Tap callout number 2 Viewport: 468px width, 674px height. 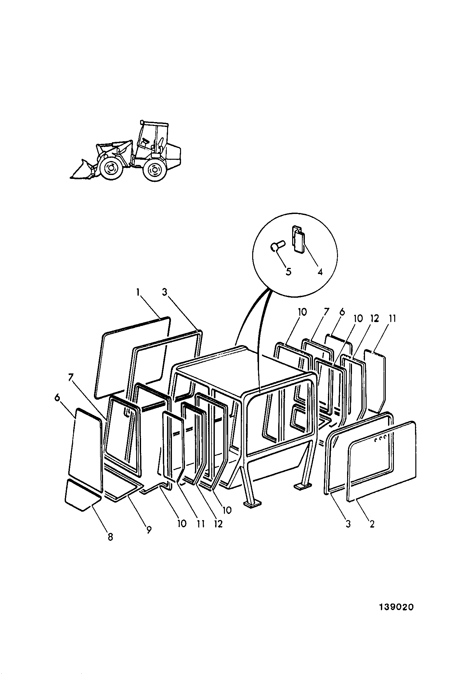tap(372, 524)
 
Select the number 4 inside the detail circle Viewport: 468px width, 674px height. tap(320, 271)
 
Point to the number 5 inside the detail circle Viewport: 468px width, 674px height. tap(288, 271)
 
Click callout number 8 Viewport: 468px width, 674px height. tap(110, 537)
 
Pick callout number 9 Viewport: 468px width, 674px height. tap(149, 530)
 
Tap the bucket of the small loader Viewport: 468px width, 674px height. tap(81, 169)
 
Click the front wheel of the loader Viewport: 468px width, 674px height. tap(110, 168)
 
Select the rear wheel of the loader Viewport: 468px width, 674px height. tap(154, 169)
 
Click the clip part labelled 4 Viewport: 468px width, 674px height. tap(298, 239)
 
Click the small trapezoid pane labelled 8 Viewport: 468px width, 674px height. tap(82, 495)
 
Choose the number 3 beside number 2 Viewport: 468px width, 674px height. tap(348, 524)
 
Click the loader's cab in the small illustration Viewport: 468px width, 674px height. tap(153, 138)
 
